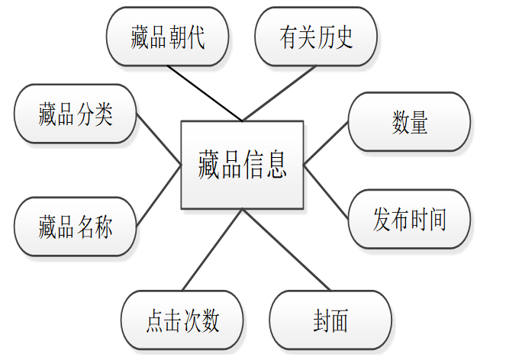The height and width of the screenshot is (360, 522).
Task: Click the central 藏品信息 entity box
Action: coord(242,165)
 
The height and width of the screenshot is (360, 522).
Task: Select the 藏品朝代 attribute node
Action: coord(167,37)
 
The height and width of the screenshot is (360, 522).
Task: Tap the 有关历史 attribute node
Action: coord(316,37)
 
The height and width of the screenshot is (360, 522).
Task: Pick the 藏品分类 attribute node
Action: coord(76,114)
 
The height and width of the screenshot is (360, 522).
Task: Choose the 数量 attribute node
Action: coord(409,122)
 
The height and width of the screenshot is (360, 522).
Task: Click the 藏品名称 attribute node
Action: coord(76,227)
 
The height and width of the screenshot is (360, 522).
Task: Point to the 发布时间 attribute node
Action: coord(409,220)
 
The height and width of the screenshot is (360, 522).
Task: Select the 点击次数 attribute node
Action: coord(182,320)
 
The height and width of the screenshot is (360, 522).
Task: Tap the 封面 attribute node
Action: coord(330,320)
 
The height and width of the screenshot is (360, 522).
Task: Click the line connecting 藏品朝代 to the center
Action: coord(205,93)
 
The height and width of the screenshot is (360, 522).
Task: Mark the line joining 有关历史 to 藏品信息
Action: coord(279,93)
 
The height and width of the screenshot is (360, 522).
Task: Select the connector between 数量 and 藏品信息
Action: coord(326,143)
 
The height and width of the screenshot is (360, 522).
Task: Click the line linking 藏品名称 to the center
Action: coord(159,195)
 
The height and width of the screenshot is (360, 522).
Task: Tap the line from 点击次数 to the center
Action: coord(212,250)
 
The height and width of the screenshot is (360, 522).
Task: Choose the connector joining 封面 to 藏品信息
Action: coord(286,250)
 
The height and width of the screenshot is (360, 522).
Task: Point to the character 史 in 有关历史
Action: coord(344,37)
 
